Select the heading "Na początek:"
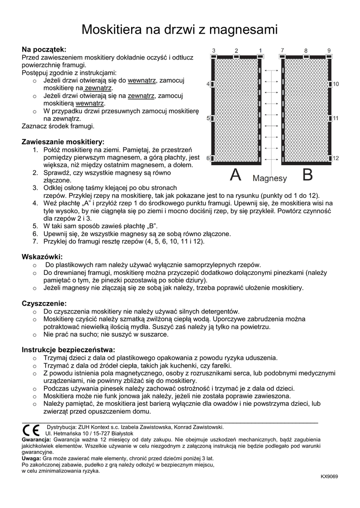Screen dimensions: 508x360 [44, 50]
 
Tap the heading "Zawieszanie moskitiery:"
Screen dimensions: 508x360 [63, 142]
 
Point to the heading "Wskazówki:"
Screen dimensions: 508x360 [42, 257]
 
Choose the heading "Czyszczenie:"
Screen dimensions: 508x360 [44, 303]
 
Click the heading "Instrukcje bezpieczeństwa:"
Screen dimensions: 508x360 [69, 349]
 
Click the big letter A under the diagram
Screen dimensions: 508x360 [236, 175]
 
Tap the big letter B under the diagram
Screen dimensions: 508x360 [308, 175]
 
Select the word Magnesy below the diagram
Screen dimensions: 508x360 [270, 178]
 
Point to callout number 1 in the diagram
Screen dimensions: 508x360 [260, 51]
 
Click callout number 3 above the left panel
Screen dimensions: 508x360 [214, 51]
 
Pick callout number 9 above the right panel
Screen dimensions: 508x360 [329, 50]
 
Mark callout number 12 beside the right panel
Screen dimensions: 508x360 [336, 158]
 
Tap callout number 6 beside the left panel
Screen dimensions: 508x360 [209, 159]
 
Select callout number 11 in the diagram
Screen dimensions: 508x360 [336, 119]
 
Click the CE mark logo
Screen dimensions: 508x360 [31, 430]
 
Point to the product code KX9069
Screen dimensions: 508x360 [329, 476]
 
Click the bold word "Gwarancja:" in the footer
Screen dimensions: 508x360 [36, 440]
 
